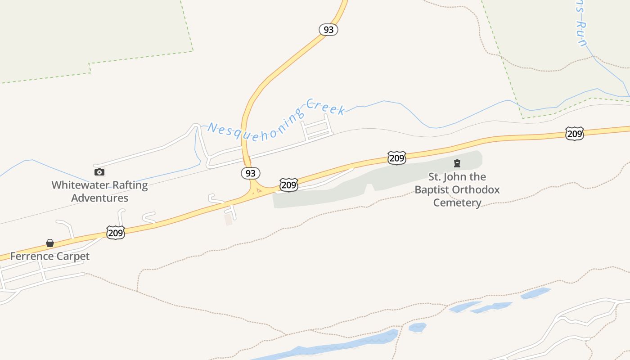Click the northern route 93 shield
(x=328, y=30)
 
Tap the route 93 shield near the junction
(x=251, y=173)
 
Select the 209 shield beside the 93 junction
(x=288, y=184)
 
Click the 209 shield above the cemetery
(x=396, y=158)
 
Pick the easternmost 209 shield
(x=575, y=134)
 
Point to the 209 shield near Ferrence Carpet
(x=116, y=233)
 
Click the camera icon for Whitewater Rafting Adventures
(x=99, y=172)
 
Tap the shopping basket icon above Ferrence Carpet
(x=50, y=243)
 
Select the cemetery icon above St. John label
(x=457, y=163)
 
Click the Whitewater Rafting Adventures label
(x=99, y=192)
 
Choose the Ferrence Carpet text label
(x=50, y=256)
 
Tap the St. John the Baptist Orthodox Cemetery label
(x=457, y=189)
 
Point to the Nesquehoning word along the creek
(x=252, y=127)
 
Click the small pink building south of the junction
(x=229, y=220)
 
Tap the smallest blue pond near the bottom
(x=418, y=327)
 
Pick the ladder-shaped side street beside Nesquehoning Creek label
(x=318, y=128)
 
